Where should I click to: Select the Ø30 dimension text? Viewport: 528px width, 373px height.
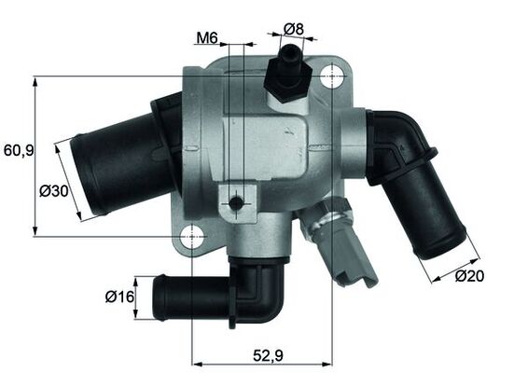tap(53, 191)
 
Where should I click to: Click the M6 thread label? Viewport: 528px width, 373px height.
tap(206, 38)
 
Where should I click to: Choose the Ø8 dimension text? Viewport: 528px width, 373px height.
tap(294, 28)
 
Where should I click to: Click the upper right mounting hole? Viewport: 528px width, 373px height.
tap(331, 79)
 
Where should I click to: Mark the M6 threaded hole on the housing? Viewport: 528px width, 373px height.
tap(237, 202)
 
